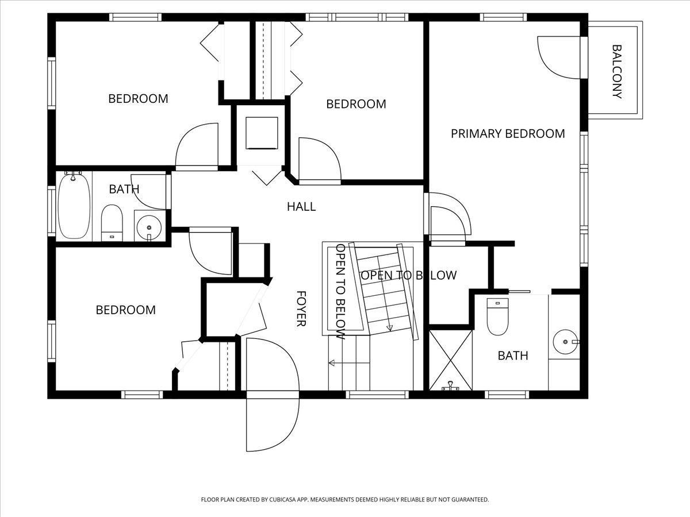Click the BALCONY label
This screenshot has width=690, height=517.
(x=617, y=72)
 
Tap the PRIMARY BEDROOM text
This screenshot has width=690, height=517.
(x=508, y=134)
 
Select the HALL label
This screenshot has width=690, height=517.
(x=301, y=207)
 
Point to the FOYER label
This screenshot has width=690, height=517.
(x=301, y=308)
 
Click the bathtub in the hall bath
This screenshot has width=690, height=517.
(x=74, y=206)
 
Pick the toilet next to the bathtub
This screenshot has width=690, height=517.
(x=112, y=223)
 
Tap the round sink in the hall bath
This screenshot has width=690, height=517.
(x=149, y=227)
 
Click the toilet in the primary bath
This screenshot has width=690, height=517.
(x=497, y=317)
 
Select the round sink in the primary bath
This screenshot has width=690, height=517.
(x=566, y=342)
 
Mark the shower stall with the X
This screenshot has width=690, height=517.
(x=450, y=360)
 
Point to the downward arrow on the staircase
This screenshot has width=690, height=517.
(x=389, y=326)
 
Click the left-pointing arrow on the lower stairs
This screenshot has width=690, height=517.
(x=349, y=363)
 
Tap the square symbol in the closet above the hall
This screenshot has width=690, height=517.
(x=262, y=133)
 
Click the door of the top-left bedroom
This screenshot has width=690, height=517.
(x=197, y=146)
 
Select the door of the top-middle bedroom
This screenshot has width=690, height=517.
(x=320, y=161)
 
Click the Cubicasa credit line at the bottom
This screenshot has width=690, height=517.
(x=345, y=499)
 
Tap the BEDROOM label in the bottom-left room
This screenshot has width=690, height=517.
(x=126, y=310)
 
